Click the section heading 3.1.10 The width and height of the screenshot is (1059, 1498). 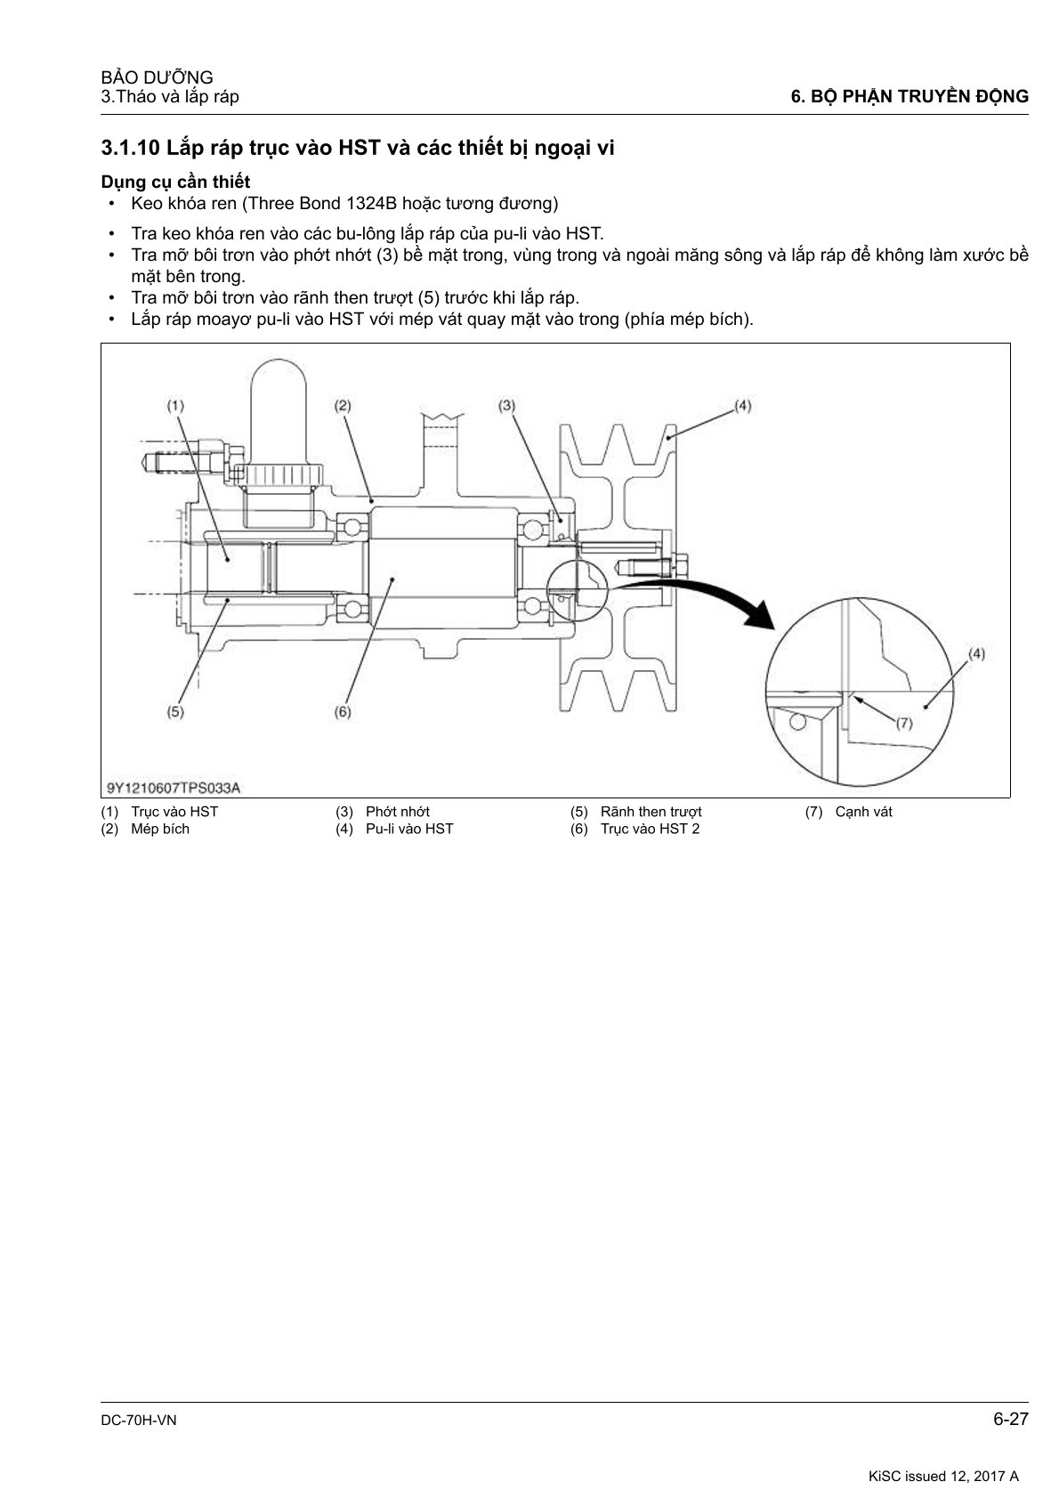click(358, 148)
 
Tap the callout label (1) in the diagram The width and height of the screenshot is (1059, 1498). click(175, 405)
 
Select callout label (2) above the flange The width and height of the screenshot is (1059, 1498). click(343, 405)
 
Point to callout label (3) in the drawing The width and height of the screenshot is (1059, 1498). click(506, 405)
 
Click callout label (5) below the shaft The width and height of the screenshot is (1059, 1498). click(175, 711)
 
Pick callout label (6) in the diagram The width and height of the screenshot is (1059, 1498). click(343, 711)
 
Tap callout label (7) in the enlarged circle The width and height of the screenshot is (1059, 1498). click(903, 723)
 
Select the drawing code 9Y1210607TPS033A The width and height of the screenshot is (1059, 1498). click(174, 787)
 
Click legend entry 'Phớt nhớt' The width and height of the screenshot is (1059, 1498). click(397, 812)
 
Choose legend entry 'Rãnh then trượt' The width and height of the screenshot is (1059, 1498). click(651, 812)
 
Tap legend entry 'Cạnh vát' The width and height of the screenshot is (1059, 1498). click(863, 812)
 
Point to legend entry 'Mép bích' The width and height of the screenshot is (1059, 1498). click(160, 829)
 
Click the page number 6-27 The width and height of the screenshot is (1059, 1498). click(1011, 1420)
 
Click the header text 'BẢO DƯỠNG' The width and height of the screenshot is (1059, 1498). click(158, 77)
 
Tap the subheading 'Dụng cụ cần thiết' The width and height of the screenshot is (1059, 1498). click(175, 182)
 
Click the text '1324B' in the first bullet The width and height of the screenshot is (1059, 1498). click(370, 204)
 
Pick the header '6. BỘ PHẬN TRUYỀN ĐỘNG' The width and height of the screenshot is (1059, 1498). click(909, 97)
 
